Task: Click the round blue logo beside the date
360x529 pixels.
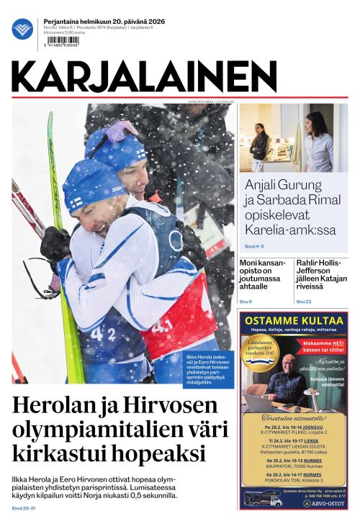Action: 22,29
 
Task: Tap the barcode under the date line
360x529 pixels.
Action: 61,41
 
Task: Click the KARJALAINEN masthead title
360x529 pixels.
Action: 144,76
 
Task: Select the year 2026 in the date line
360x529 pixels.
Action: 155,22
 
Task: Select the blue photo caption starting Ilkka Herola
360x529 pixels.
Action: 208,369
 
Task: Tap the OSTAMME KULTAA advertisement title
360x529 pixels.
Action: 293,320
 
